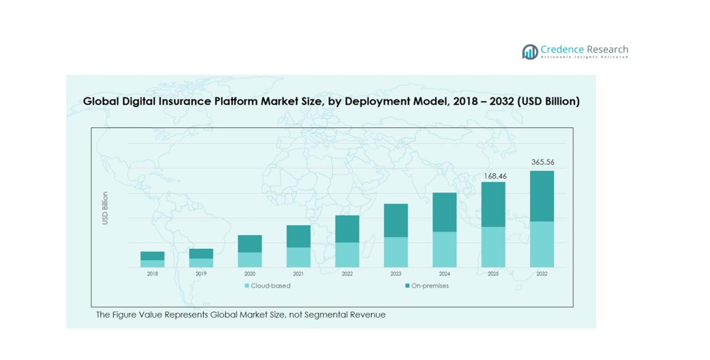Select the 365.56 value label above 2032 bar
pyautogui.click(x=542, y=162)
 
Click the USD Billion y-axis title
pyautogui.click(x=105, y=209)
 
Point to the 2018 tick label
pyautogui.click(x=152, y=273)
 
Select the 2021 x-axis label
pyautogui.click(x=298, y=273)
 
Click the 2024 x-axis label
pyautogui.click(x=445, y=273)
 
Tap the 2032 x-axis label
pyautogui.click(x=542, y=273)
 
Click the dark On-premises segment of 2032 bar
pyautogui.click(x=542, y=196)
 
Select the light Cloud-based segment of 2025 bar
pyautogui.click(x=493, y=247)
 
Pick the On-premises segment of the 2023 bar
pyautogui.click(x=396, y=220)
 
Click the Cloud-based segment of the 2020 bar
pyautogui.click(x=250, y=260)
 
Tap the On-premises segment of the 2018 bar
pyautogui.click(x=152, y=256)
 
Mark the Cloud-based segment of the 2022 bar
pyautogui.click(x=347, y=254)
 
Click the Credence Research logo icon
pyautogui.click(x=530, y=52)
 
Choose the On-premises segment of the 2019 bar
pyautogui.click(x=201, y=254)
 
